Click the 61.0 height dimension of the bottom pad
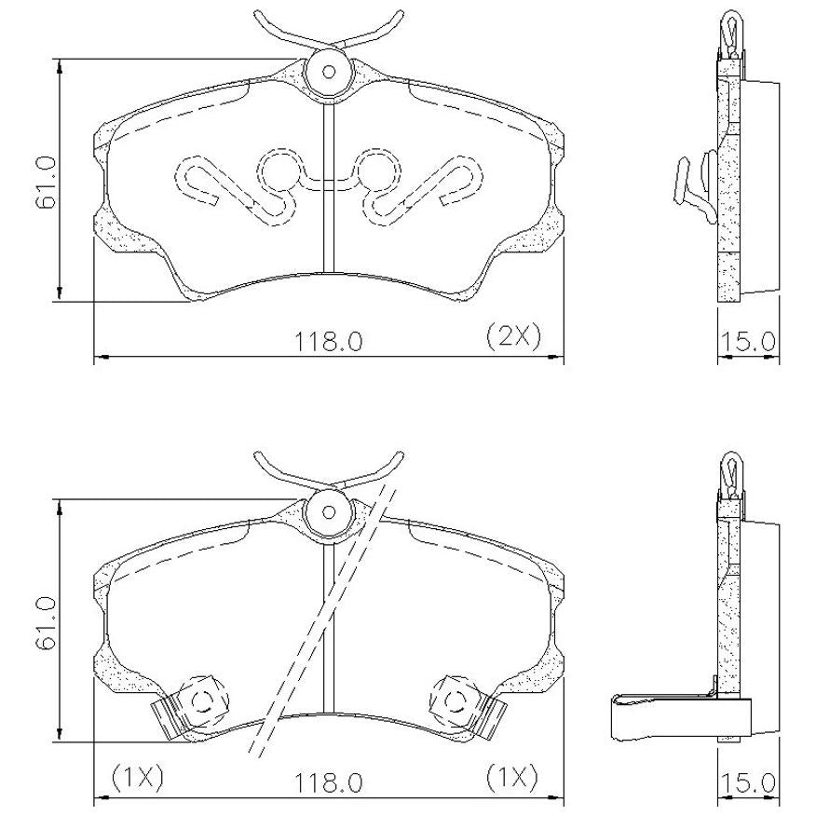(x=46, y=623)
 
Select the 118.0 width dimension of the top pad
(x=329, y=342)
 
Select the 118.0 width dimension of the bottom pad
(x=329, y=782)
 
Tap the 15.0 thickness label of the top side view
(x=748, y=342)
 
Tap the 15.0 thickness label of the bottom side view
(x=748, y=782)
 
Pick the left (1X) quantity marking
(x=138, y=777)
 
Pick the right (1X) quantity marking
(x=512, y=777)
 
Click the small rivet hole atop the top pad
(x=329, y=72)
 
